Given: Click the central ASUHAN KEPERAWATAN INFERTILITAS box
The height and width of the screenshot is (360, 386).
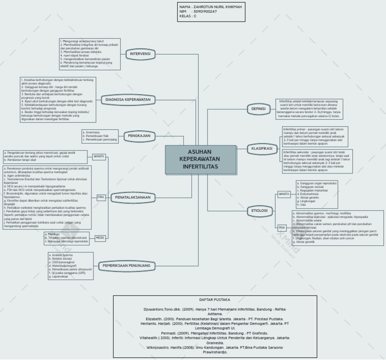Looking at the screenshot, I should point(201,159).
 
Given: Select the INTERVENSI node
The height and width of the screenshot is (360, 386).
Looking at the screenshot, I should point(140,54).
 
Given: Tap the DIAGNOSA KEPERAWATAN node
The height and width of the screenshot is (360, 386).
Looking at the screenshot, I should point(128,100).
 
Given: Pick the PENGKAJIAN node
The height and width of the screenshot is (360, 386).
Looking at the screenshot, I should point(139,136).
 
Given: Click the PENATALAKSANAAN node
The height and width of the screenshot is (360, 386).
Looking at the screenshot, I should point(133,198).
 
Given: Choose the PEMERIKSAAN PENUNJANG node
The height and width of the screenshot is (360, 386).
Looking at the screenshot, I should point(126,265).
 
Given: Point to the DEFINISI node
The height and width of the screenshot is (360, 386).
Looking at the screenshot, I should point(258,109).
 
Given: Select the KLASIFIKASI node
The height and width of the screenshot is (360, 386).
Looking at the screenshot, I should point(261,149).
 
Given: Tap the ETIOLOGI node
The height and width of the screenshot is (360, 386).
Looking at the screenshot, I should point(260,210).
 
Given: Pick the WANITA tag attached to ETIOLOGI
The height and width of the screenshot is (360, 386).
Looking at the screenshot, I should point(284,194).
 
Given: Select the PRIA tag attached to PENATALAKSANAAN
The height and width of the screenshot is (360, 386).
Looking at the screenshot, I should point(101,198).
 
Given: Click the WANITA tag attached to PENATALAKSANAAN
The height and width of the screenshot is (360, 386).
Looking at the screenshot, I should point(99,156).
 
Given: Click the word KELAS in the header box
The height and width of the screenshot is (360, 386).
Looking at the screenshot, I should point(185,16).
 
